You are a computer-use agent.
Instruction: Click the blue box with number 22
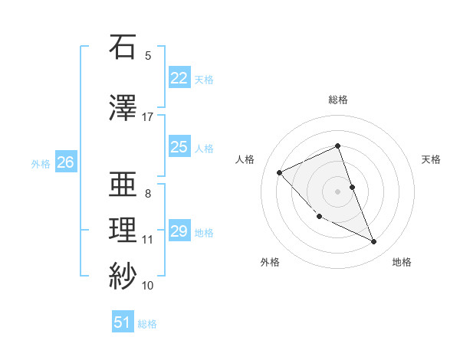coord(179,78)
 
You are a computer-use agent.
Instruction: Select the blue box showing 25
coord(179,147)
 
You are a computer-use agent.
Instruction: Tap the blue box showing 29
coord(179,231)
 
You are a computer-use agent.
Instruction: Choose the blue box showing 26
coord(66,162)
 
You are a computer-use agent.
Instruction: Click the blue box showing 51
coord(123,322)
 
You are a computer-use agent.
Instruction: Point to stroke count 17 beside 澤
coord(148,117)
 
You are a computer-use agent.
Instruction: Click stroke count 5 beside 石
coord(148,55)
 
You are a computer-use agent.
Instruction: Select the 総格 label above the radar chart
coord(338,100)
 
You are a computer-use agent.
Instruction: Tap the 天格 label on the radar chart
coord(431,159)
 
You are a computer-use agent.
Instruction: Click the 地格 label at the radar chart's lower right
coord(402,262)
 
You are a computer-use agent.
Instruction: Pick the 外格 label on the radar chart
coord(270,262)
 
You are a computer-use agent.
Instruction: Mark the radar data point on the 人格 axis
coord(280,172)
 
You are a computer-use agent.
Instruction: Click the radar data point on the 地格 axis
coord(374,242)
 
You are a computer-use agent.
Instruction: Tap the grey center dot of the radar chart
coord(338,191)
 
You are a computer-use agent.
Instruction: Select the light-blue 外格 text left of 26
coord(40,163)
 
